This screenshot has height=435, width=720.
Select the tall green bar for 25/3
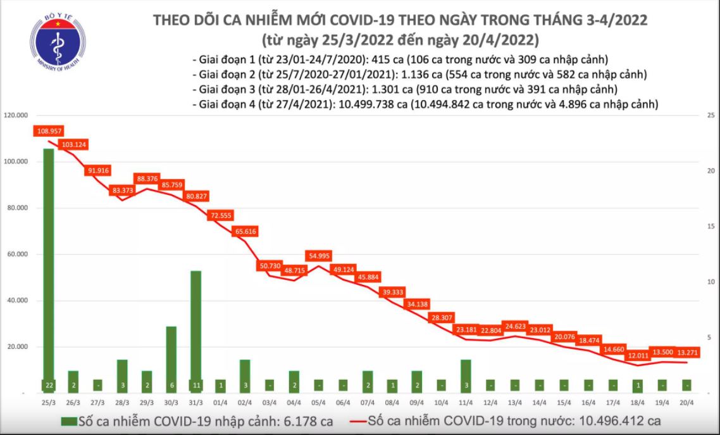(x=49, y=266)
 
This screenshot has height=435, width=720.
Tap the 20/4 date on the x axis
(x=686, y=402)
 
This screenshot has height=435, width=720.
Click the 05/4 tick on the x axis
(x=318, y=402)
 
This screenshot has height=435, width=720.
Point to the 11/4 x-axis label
(x=465, y=402)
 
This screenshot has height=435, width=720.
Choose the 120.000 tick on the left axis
(x=18, y=116)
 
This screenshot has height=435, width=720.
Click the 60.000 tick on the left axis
(x=19, y=255)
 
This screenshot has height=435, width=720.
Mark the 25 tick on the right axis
(x=711, y=116)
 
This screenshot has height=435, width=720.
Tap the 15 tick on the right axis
(x=711, y=227)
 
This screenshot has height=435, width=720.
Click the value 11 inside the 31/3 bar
(x=196, y=385)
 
